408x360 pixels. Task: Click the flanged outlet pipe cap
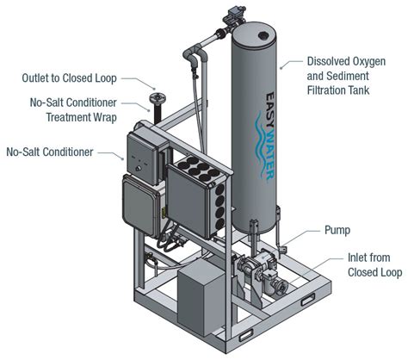156,103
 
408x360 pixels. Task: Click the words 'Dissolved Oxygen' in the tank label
348,61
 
